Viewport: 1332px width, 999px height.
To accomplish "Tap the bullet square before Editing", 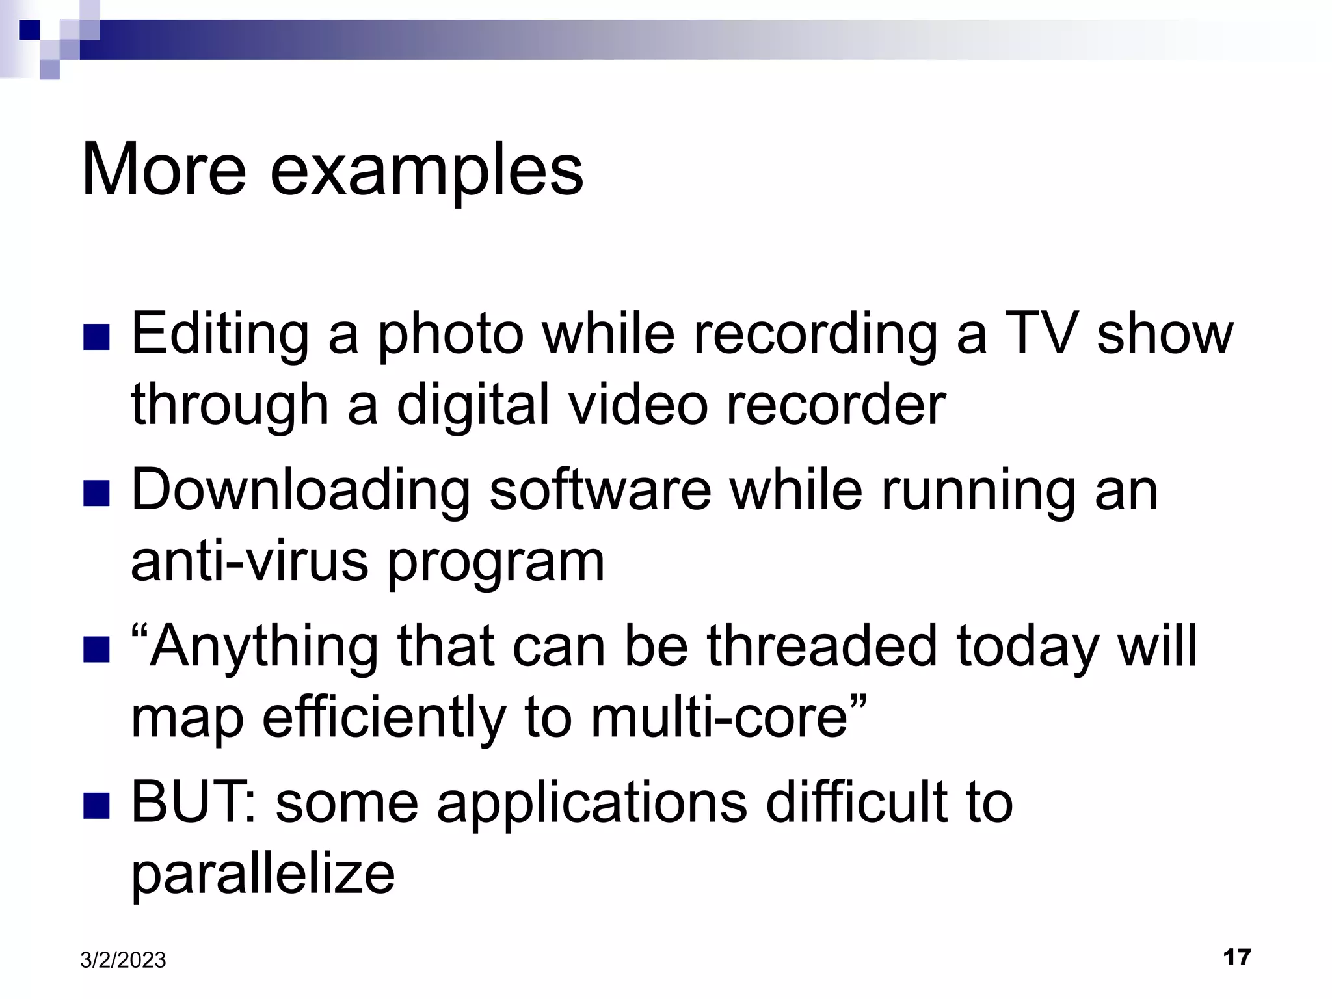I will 97,338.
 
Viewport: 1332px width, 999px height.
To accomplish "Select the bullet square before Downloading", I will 97,494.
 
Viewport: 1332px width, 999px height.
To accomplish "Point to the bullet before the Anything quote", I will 97,650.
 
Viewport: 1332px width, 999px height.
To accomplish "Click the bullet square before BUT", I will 97,806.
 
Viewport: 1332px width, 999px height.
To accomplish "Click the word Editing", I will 219,335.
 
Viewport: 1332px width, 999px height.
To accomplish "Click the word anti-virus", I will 250,561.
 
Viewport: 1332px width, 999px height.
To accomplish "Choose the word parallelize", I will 263,875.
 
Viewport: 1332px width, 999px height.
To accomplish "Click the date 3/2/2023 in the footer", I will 123,960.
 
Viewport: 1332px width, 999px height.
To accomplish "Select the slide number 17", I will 1236,957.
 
